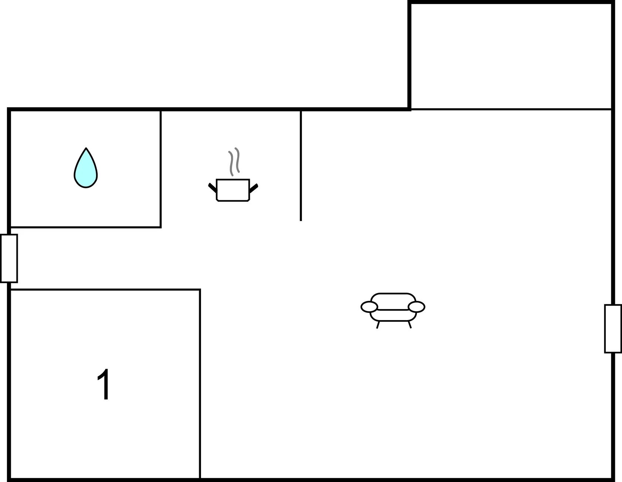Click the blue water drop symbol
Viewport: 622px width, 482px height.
point(86,169)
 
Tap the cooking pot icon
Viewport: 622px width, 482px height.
point(233,190)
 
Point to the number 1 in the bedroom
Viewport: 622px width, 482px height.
point(104,384)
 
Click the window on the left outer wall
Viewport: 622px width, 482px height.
point(9,258)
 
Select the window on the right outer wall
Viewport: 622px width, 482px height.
point(613,329)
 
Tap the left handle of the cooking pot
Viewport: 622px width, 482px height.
point(213,188)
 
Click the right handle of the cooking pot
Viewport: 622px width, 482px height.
point(254,188)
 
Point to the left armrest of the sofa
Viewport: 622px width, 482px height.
point(369,307)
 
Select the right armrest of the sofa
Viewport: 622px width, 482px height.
point(417,307)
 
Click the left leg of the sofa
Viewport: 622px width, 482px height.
point(378,325)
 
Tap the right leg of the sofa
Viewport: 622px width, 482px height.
point(409,325)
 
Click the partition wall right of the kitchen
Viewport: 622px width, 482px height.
point(301,166)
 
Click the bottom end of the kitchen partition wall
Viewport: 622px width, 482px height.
point(301,221)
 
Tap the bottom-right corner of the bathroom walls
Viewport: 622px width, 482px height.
point(161,227)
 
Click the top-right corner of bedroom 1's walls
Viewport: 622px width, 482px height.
point(200,290)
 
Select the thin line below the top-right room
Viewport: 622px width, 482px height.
point(511,109)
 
